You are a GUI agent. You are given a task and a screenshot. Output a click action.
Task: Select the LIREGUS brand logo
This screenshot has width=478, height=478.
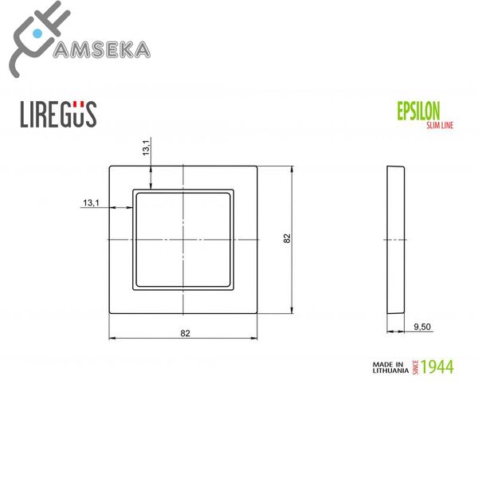tap(57, 114)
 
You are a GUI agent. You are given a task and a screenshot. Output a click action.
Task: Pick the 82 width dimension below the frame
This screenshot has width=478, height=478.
tap(184, 333)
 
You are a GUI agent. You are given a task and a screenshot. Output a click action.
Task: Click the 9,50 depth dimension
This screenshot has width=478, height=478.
tap(421, 327)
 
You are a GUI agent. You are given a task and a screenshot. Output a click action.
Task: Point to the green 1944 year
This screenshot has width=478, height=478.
tap(437, 366)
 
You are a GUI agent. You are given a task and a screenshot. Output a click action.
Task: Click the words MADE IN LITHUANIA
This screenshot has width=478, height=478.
tap(390, 366)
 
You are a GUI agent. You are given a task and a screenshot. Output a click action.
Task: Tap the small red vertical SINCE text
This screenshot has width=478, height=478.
tap(415, 366)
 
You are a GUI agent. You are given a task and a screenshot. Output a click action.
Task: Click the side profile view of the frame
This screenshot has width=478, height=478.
tap(396, 240)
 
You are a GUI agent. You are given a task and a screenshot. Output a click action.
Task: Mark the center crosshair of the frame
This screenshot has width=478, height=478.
tap(184, 240)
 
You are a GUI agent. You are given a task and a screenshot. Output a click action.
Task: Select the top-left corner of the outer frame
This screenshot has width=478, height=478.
tap(109, 166)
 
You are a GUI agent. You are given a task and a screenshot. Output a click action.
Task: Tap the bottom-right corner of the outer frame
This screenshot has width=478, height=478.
tap(259, 315)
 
